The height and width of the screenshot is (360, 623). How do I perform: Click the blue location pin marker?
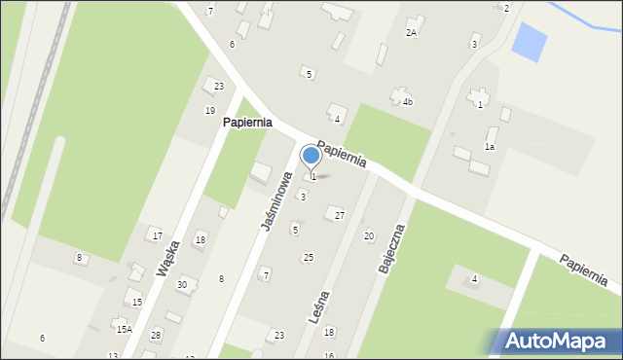[x=311, y=156]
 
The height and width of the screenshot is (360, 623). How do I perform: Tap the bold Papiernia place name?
[x=246, y=124]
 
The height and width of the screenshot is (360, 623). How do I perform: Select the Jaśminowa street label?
[x=277, y=200]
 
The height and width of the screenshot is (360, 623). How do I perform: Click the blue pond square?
[x=529, y=41]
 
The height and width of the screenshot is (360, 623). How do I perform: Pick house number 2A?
[x=412, y=32]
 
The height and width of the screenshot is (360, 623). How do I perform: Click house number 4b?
[x=408, y=101]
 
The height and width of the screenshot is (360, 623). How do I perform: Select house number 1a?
[x=491, y=146]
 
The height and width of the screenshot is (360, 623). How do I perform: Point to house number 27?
[x=339, y=215]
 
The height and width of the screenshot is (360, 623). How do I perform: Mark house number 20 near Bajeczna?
[x=368, y=235]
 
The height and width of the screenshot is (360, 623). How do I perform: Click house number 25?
[x=309, y=257]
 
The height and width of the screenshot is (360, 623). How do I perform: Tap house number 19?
[x=209, y=110]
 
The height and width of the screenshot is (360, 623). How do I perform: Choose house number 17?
[x=157, y=235]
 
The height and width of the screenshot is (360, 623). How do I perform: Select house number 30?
[x=182, y=284]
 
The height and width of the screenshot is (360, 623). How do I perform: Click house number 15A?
[x=125, y=329]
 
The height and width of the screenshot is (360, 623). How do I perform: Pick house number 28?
[x=156, y=335]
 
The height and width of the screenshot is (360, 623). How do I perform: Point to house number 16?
[x=329, y=355]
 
